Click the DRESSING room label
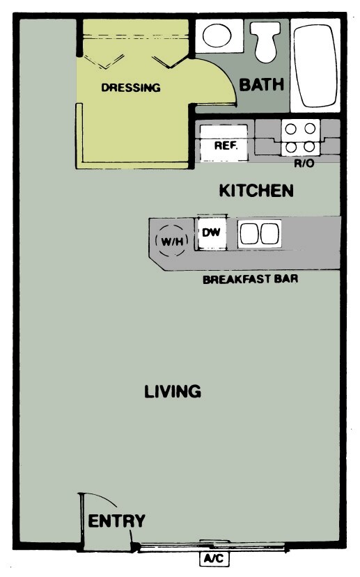[x=131, y=88]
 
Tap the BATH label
[x=262, y=85]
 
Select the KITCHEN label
[x=256, y=191]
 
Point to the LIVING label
[x=173, y=391]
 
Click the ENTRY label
[x=117, y=521]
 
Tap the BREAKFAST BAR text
[x=251, y=280]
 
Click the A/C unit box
[x=213, y=559]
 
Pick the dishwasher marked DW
[x=211, y=233]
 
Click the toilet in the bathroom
[x=265, y=41]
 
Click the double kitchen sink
[x=259, y=234]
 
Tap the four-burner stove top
[x=300, y=138]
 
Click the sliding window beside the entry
[x=209, y=547]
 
